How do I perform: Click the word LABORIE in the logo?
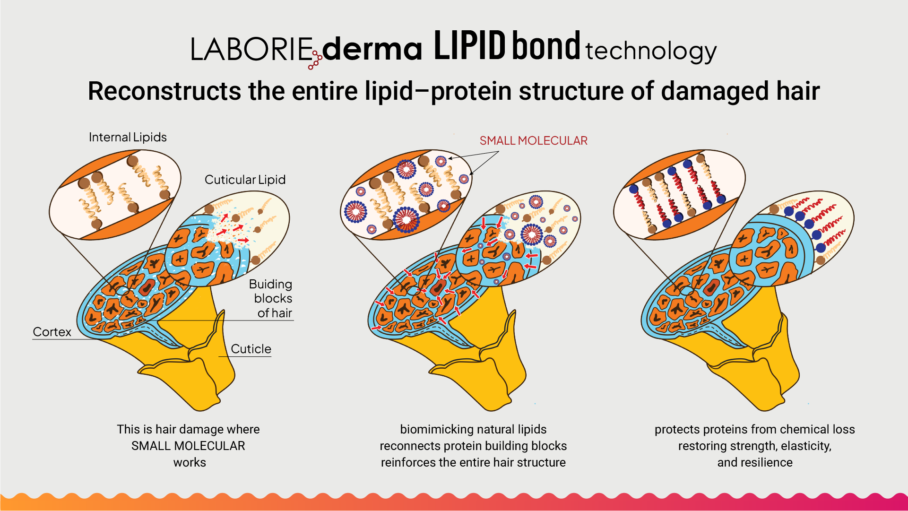click(x=251, y=49)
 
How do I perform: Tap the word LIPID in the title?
click(x=469, y=46)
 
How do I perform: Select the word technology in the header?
click(x=650, y=51)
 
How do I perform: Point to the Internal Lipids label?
click(x=128, y=137)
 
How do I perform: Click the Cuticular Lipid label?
click(x=245, y=180)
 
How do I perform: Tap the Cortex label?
click(x=52, y=332)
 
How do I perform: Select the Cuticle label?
click(x=251, y=349)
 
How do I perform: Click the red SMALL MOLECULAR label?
click(x=533, y=140)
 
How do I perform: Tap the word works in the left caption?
click(x=190, y=462)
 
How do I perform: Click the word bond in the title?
click(x=546, y=46)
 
